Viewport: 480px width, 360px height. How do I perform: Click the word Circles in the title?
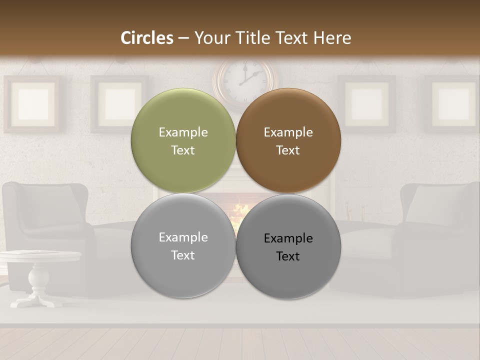click(147, 38)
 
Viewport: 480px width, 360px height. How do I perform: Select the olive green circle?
click(183, 141)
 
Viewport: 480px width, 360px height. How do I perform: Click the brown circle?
click(288, 141)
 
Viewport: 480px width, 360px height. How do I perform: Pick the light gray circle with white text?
click(183, 246)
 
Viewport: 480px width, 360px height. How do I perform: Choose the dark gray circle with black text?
click(288, 246)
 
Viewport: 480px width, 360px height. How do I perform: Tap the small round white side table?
click(40, 256)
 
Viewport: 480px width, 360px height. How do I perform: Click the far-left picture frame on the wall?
click(32, 103)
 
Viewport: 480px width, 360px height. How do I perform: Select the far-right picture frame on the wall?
click(453, 103)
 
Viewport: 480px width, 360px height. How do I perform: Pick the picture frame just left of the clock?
click(119, 103)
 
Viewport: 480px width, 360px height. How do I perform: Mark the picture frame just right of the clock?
click(366, 103)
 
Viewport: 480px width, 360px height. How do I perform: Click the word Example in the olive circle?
click(183, 132)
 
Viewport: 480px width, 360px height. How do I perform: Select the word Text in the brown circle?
click(288, 150)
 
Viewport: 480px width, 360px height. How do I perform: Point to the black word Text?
click(288, 256)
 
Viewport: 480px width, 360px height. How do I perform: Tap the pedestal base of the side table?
click(37, 300)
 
